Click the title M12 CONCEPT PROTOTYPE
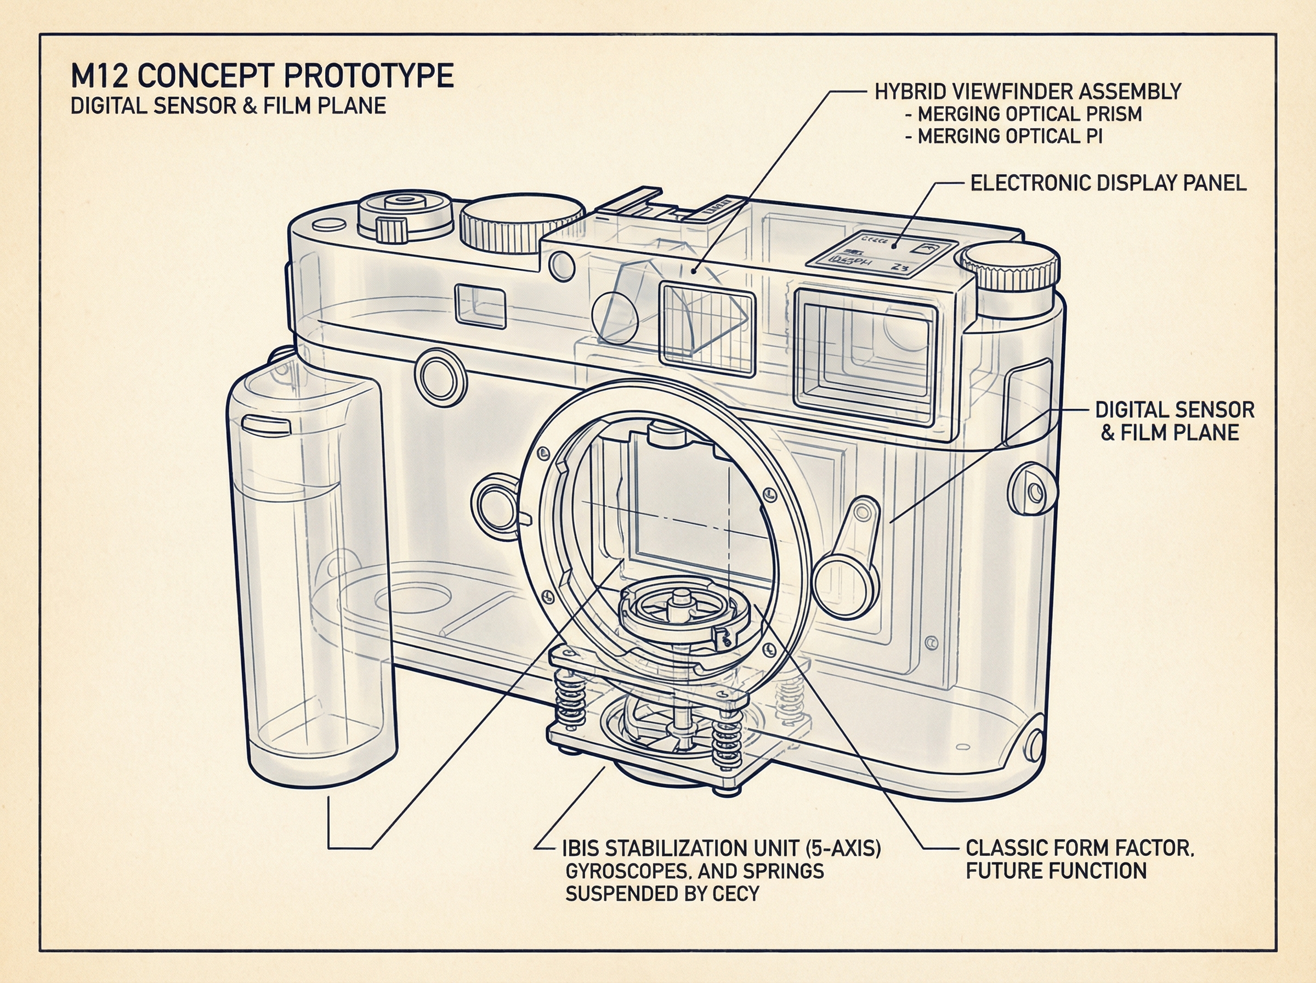262,76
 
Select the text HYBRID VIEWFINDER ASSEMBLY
1028,92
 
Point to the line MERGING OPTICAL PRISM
1029,114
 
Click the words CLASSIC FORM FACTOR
1079,848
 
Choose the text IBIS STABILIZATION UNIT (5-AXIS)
721,849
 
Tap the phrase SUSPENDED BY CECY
662,894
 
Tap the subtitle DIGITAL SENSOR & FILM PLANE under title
228,106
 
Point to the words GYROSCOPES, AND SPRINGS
694,871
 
